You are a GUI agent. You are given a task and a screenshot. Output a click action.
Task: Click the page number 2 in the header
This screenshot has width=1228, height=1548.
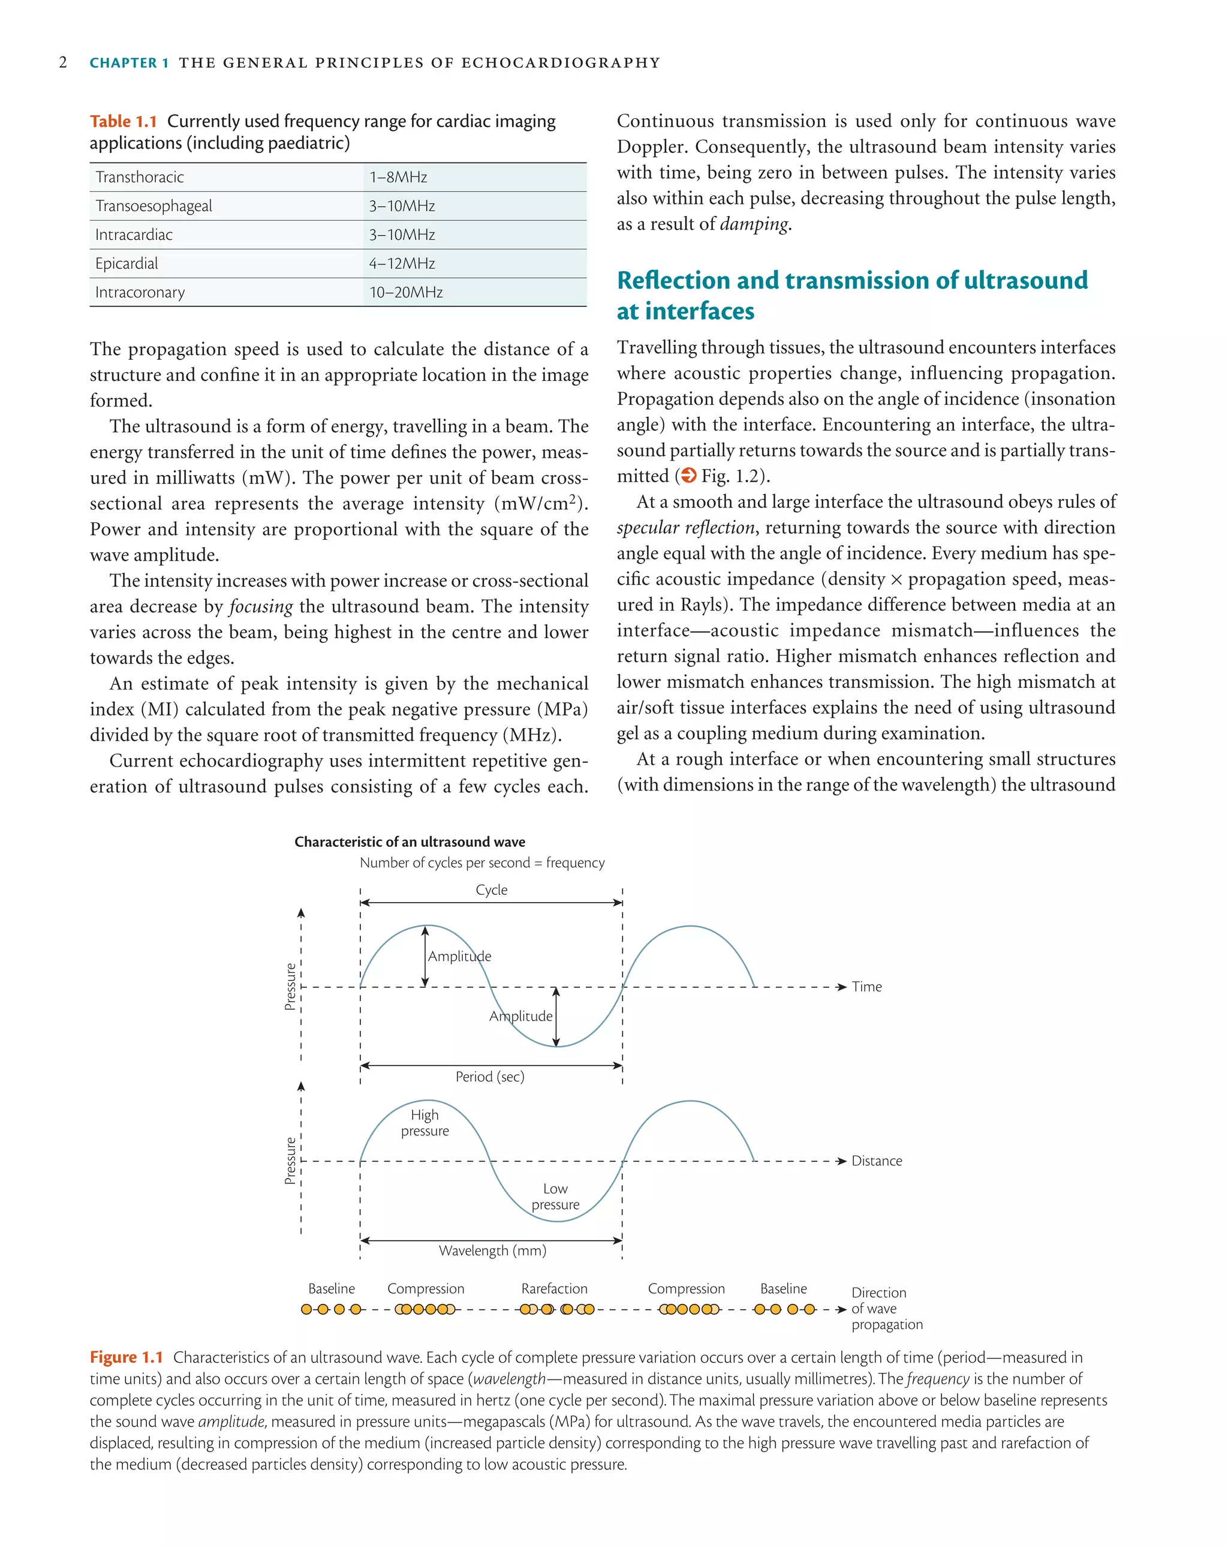[63, 62]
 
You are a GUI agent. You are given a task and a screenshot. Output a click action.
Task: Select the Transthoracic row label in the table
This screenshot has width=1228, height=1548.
[139, 178]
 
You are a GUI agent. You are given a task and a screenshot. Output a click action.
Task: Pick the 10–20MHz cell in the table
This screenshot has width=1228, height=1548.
[405, 292]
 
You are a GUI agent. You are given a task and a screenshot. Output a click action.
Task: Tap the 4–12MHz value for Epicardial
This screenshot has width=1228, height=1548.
[402, 263]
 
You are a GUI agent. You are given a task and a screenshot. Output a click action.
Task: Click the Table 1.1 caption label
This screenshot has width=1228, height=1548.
[123, 121]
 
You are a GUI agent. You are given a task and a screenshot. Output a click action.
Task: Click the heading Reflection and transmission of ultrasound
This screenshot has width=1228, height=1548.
[851, 280]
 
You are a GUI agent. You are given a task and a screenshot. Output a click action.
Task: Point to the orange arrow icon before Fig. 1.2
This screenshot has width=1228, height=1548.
[688, 475]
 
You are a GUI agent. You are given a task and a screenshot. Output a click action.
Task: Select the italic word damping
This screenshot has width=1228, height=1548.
[754, 224]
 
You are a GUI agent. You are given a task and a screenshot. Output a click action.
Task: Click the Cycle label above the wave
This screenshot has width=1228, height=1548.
[491, 889]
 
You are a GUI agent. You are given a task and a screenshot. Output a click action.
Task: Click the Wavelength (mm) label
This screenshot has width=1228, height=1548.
[492, 1250]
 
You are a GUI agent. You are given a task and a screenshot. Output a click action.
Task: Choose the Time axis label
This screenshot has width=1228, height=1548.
[866, 987]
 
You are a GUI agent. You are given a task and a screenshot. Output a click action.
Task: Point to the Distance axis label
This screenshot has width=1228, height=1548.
[875, 1161]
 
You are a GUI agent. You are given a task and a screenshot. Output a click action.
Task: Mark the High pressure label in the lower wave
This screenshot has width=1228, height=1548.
[425, 1122]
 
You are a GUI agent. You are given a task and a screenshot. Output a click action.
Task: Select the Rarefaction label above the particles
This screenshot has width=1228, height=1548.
[554, 1288]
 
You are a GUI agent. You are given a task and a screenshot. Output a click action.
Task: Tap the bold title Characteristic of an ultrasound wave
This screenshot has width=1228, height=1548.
[409, 841]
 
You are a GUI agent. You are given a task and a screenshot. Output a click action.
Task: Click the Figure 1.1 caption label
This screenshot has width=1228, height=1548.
[127, 1357]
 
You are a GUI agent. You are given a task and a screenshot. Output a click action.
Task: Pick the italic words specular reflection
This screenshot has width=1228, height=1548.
[685, 528]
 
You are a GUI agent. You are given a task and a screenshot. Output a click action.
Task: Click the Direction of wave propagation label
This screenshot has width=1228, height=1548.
[886, 1308]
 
